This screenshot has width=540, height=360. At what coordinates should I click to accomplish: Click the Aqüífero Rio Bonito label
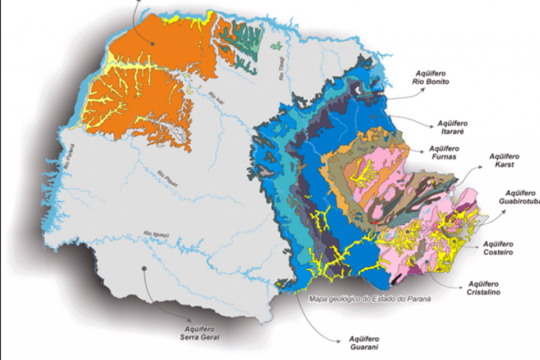tap(430, 78)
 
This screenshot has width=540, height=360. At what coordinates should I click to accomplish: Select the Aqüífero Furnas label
tap(444, 152)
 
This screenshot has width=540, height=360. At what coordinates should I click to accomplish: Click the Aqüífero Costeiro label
tap(498, 248)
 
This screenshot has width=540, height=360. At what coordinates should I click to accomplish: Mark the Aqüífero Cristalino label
tap(484, 288)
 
